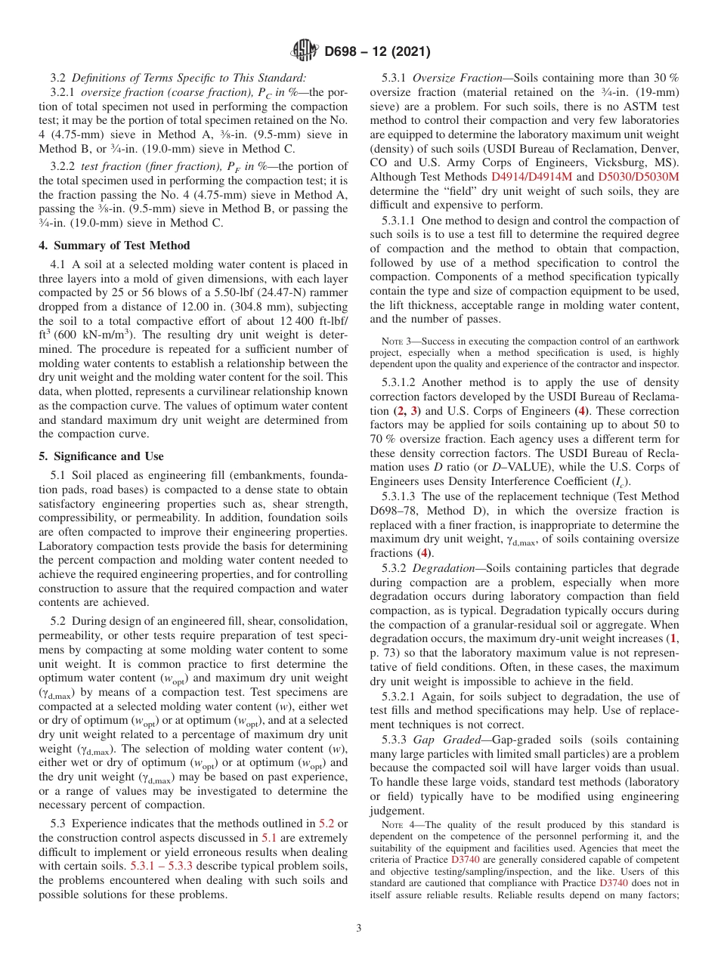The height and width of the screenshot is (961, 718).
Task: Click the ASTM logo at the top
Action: [304, 52]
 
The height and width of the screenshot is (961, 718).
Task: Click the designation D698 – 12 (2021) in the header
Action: [377, 52]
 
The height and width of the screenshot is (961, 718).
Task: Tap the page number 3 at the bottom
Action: [358, 928]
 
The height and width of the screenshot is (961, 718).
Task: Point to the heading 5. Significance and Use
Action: [101, 456]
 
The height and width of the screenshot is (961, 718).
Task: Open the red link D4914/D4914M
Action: [533, 177]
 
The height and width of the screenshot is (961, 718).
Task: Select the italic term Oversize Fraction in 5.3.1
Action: [457, 78]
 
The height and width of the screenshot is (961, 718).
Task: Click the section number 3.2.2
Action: [63, 166]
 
